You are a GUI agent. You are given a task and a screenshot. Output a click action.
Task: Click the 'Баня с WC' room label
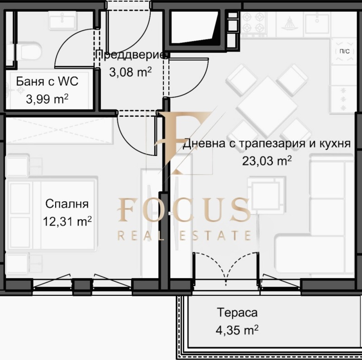47,81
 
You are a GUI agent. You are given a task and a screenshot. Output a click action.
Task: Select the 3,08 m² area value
130,71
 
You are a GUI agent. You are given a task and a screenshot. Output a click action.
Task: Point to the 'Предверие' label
131,55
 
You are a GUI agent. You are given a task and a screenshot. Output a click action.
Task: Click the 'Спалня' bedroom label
67,204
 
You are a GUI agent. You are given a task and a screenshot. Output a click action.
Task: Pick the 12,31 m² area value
69,221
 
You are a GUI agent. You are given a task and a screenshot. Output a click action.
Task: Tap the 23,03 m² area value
267,161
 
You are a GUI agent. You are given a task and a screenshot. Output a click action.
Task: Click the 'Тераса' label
237,313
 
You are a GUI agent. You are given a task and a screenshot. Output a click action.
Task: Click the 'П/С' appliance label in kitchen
344,51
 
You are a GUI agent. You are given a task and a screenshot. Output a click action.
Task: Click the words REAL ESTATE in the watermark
184,235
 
